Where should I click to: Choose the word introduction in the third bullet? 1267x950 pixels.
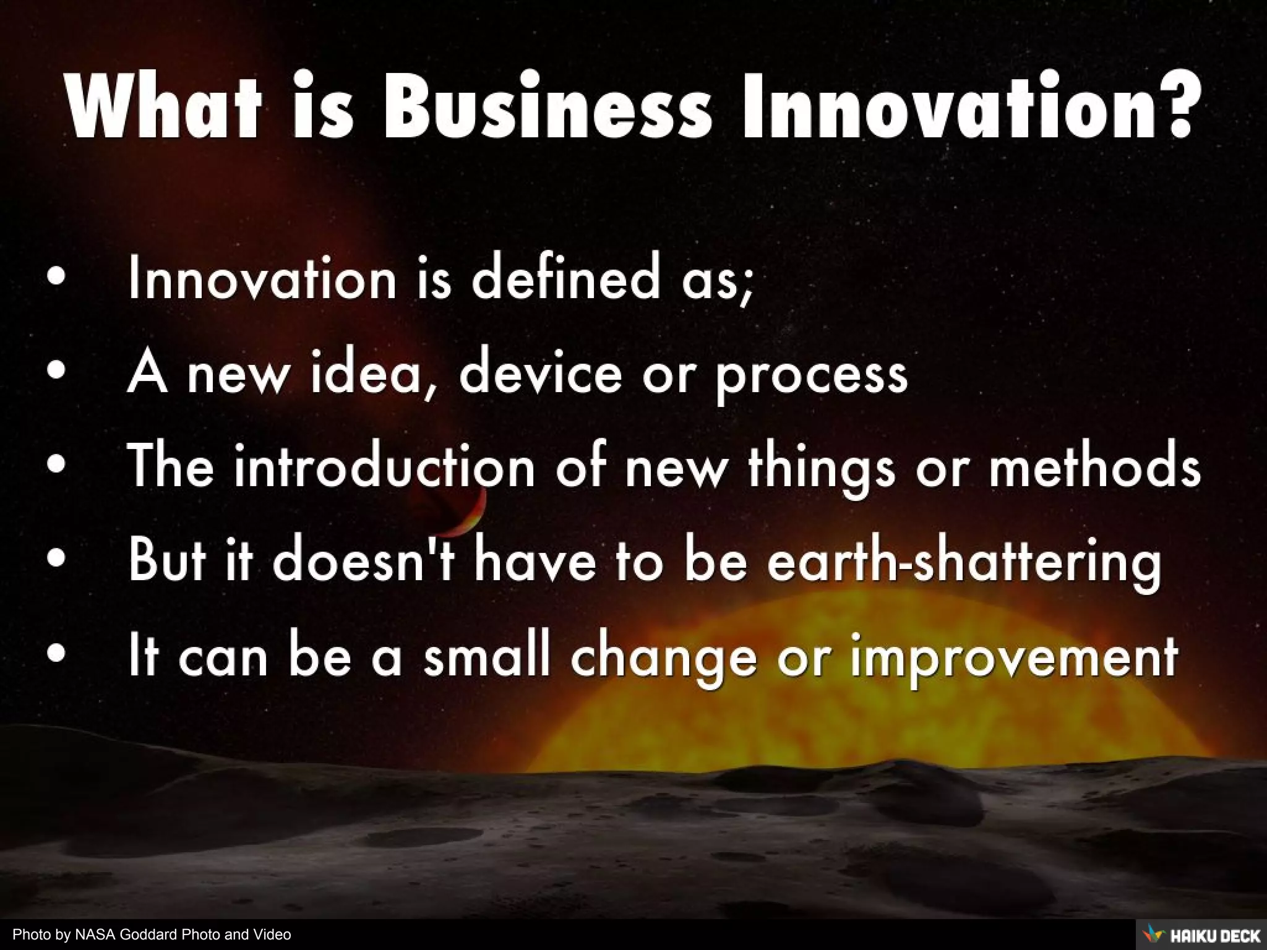click(x=384, y=466)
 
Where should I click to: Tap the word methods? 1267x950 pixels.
click(x=1094, y=466)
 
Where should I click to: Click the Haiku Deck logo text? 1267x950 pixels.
click(x=1215, y=936)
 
